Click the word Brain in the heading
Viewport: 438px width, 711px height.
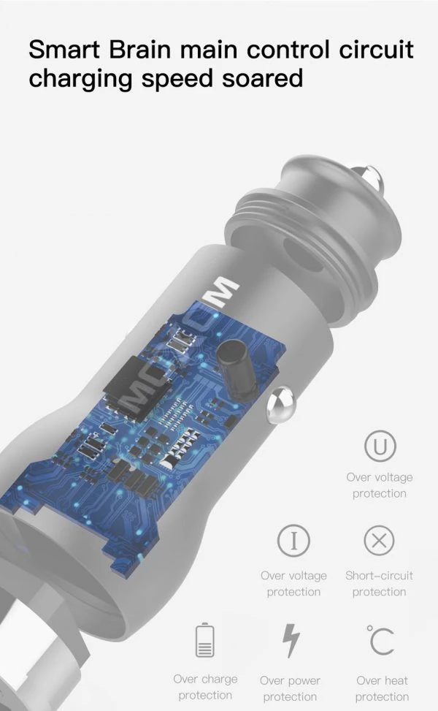[x=140, y=50]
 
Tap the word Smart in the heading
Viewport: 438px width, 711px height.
[x=64, y=50]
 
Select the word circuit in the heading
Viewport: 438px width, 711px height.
[x=377, y=50]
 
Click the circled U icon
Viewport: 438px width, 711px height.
[x=380, y=446]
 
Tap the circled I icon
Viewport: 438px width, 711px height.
[x=294, y=541]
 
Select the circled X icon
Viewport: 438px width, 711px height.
[x=380, y=541]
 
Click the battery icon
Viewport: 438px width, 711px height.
[x=204, y=640]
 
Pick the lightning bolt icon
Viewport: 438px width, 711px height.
[x=291, y=640]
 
